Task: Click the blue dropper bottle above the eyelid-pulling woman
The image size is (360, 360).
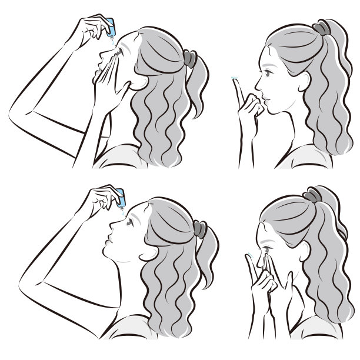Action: pos(108,26)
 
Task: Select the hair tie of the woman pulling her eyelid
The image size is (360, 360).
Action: pos(189,59)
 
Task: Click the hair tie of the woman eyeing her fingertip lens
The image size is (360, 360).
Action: pos(322,28)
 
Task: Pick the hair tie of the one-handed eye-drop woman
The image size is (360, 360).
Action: pos(201,228)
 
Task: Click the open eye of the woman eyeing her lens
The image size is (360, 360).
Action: pos(267,74)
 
